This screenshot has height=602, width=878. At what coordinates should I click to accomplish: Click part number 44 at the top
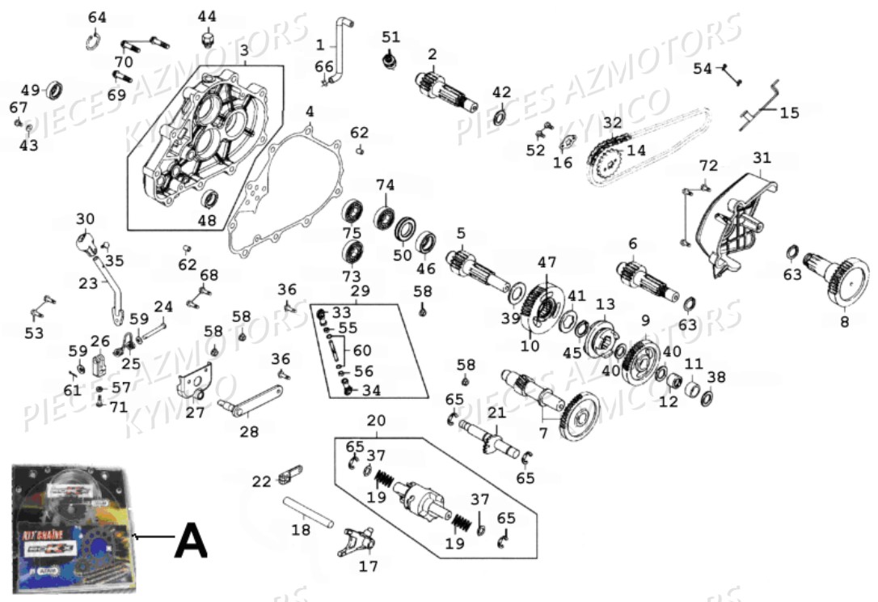tap(207, 16)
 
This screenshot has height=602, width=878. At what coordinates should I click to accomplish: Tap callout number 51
tap(391, 36)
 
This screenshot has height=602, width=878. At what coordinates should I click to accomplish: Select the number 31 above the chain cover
tap(762, 157)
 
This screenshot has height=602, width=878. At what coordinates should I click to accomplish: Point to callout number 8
tap(844, 320)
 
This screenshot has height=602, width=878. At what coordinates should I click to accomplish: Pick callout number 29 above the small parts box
tap(360, 290)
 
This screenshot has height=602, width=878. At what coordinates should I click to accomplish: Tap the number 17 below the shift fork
tap(368, 566)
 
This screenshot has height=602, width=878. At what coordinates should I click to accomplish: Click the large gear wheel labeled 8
tap(846, 280)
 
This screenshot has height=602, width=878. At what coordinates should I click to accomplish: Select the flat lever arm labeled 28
tap(251, 402)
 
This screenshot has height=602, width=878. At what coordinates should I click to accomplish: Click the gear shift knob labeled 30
tap(86, 241)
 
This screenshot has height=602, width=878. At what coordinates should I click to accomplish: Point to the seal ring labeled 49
tap(56, 87)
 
